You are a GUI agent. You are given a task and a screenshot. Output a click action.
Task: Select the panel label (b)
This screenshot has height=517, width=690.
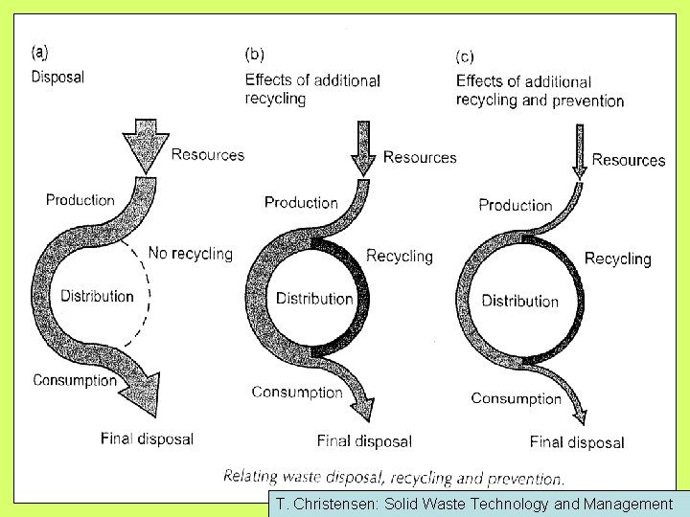(255, 55)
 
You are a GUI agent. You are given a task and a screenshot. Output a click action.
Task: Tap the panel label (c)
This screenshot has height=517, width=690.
(466, 57)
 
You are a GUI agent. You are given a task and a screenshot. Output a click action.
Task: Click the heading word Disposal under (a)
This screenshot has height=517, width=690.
(57, 78)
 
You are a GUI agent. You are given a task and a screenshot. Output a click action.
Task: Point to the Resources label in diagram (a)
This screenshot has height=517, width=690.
(208, 154)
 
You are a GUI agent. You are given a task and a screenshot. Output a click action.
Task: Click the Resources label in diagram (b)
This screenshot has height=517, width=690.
(420, 157)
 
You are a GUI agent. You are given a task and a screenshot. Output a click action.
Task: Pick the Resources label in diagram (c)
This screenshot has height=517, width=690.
(628, 160)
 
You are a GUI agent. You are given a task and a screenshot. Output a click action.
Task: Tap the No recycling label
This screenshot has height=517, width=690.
(190, 253)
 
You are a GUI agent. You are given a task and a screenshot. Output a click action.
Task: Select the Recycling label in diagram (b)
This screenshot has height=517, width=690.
(400, 256)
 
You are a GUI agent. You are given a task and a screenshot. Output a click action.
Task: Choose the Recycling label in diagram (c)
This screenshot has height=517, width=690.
(617, 258)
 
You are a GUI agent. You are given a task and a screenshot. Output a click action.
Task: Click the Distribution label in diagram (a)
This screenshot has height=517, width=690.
(97, 296)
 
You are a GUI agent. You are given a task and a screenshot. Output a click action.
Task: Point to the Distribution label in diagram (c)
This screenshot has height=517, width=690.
(519, 301)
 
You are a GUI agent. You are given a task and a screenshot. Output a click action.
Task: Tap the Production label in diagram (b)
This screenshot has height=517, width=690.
(301, 202)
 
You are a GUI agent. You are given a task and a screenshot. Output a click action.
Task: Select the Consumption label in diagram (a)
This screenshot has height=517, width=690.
(75, 380)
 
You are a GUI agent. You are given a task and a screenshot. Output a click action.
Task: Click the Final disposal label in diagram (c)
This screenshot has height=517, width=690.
(577, 442)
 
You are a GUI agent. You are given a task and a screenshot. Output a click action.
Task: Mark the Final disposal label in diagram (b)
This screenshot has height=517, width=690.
(364, 441)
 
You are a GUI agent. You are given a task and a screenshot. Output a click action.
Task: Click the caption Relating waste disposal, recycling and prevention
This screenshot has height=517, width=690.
(394, 476)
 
